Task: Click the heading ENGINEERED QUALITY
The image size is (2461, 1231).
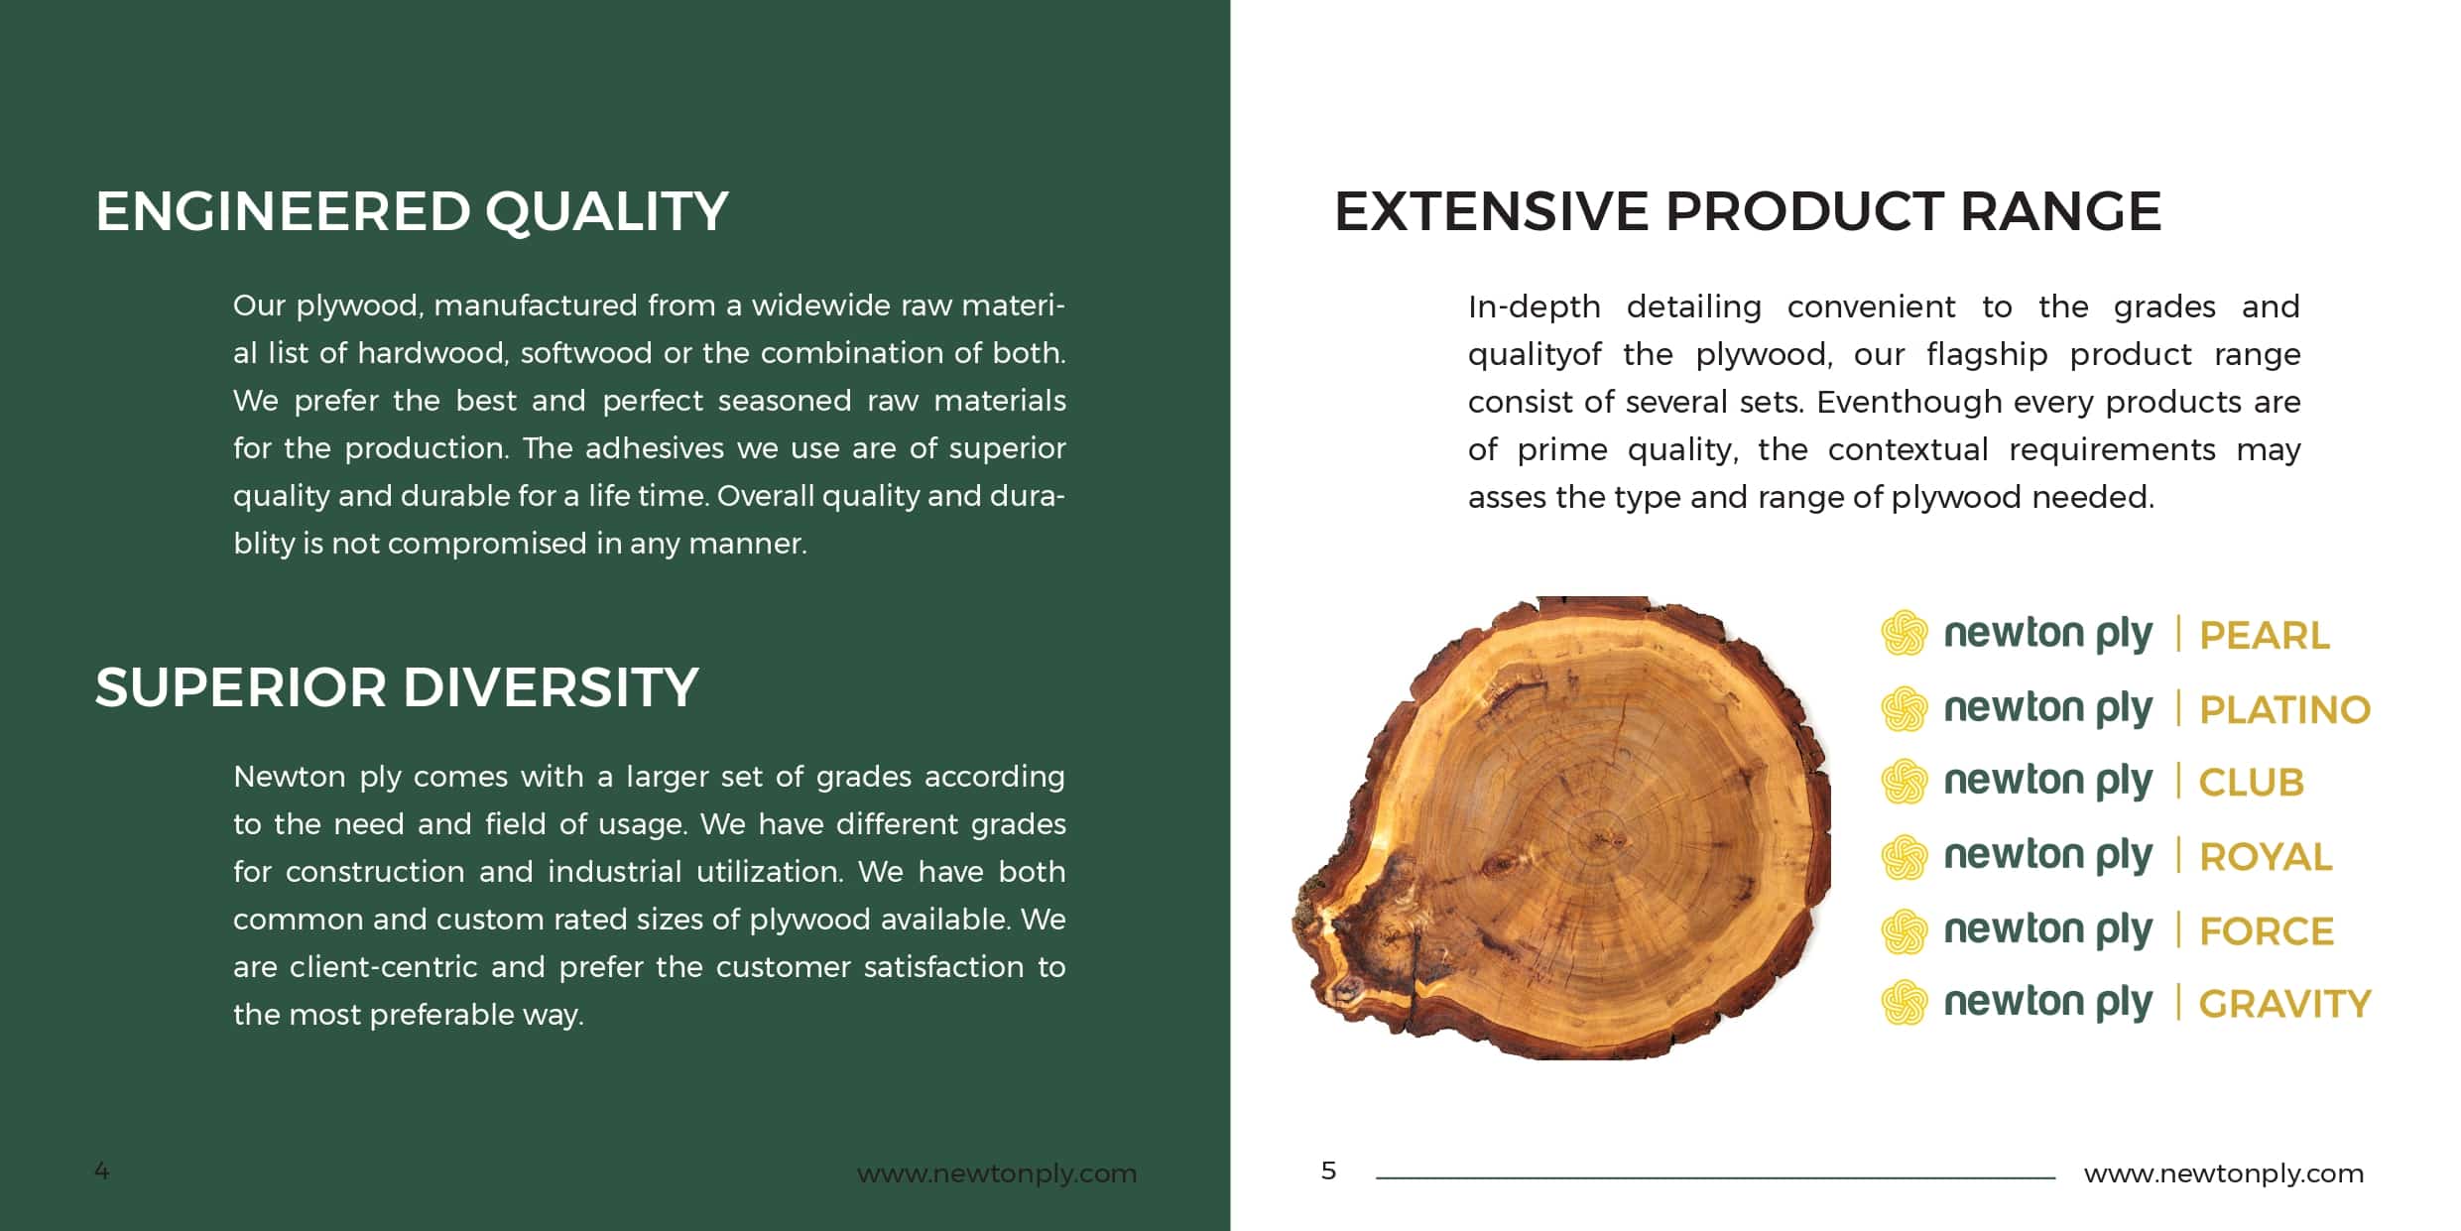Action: pyautogui.click(x=412, y=211)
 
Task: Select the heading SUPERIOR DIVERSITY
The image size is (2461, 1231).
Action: pyautogui.click(x=397, y=687)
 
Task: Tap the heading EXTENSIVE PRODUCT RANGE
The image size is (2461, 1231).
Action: pyautogui.click(x=1747, y=211)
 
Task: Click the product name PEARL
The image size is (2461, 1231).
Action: pyautogui.click(x=2265, y=636)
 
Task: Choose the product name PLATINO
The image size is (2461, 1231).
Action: pyautogui.click(x=2285, y=710)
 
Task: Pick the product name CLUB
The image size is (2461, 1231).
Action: pyautogui.click(x=2252, y=783)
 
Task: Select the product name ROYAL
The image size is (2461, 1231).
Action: pyautogui.click(x=2266, y=857)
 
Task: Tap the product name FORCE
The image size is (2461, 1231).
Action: pyautogui.click(x=2267, y=931)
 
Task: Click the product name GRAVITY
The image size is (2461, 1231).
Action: pyautogui.click(x=2285, y=1005)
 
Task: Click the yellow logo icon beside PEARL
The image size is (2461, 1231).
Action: pyautogui.click(x=1905, y=633)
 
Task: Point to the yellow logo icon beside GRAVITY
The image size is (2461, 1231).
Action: pyautogui.click(x=1905, y=1003)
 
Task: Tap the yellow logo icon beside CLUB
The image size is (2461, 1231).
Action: pyautogui.click(x=1905, y=782)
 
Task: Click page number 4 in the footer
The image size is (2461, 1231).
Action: pyautogui.click(x=102, y=1171)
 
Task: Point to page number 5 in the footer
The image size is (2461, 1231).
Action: pyautogui.click(x=1329, y=1171)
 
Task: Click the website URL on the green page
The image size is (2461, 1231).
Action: pyautogui.click(x=997, y=1173)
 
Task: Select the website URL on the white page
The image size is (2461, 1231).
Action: pyautogui.click(x=2224, y=1173)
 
